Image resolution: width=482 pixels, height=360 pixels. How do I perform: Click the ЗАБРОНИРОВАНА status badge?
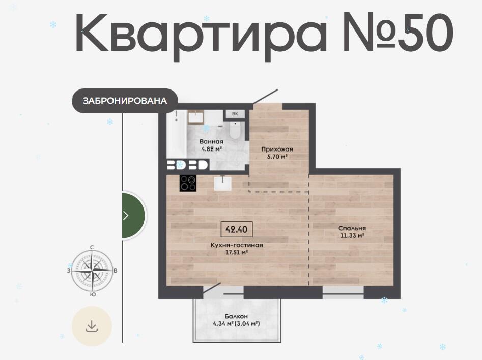click(x=125, y=101)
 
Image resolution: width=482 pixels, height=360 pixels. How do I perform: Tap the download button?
click(x=92, y=326)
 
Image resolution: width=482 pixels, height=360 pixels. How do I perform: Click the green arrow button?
click(x=133, y=215)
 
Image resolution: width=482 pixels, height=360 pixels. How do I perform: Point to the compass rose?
click(x=92, y=271)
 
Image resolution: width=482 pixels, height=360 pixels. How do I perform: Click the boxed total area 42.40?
click(x=237, y=229)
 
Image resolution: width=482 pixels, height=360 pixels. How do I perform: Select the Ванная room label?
click(x=212, y=141)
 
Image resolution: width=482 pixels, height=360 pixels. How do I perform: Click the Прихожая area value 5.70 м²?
click(x=277, y=156)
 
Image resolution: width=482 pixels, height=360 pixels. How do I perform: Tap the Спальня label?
click(x=352, y=228)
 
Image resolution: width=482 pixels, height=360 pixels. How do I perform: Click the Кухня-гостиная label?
click(x=237, y=245)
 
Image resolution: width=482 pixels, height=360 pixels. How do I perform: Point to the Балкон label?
click(x=236, y=316)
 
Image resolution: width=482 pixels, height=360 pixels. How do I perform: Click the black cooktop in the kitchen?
click(x=188, y=183)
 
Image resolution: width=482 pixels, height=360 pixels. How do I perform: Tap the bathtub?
click(x=176, y=134)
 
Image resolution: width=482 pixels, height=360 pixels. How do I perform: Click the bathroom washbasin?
click(x=196, y=117)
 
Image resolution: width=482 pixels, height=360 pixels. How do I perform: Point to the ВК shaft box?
click(x=235, y=114)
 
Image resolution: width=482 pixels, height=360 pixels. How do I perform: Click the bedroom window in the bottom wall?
click(x=343, y=293)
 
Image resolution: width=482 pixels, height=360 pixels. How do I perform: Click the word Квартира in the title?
click(x=201, y=37)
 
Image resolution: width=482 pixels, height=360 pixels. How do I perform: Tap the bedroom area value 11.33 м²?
click(x=352, y=235)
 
